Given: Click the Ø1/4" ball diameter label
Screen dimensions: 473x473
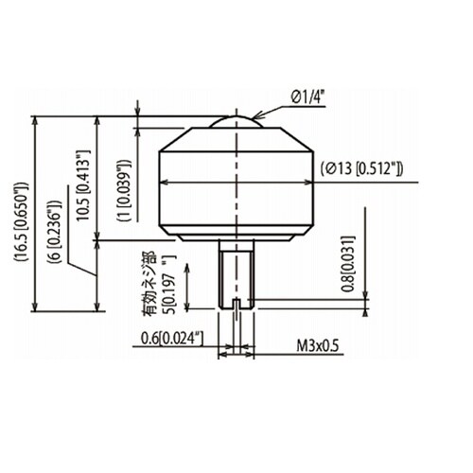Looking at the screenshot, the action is coord(307,97).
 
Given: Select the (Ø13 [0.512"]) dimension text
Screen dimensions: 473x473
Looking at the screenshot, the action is coord(361,168).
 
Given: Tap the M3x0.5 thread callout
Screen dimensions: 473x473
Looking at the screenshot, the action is coord(318,345).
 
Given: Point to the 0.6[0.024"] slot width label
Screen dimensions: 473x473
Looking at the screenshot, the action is coord(172,339).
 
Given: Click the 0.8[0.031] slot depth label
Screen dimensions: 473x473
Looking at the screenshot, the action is coord(348,264).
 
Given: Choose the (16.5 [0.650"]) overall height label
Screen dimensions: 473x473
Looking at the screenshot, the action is coord(21,221).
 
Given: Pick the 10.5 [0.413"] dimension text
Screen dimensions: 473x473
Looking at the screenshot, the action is coord(83,185).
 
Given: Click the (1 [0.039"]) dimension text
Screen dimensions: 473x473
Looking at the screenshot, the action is coord(124,191).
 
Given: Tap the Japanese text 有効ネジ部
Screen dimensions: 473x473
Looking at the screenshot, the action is coord(149,284).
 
